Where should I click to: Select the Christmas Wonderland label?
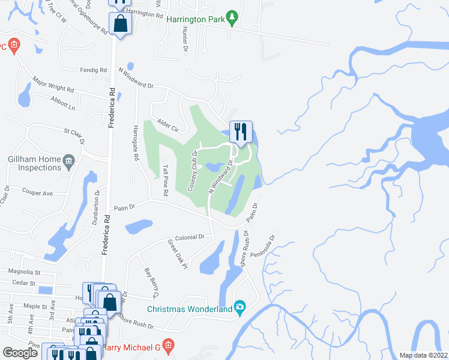coord(190,310)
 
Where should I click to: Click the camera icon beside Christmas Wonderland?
coord(240,309)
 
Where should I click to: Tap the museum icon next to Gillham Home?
coord(69,160)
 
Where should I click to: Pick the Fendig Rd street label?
coord(94,70)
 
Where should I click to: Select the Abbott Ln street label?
coord(64,103)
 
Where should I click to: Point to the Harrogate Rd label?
coord(136,146)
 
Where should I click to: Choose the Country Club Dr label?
coord(194,172)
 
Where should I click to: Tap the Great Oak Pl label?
coord(178,254)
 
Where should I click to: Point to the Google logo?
coord(20,353)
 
